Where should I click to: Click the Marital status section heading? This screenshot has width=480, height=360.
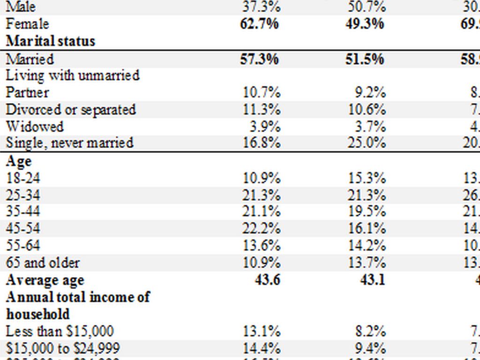tap(50, 41)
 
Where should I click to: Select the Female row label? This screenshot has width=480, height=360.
tap(27, 24)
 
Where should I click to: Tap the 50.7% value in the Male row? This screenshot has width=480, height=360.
tap(366, 7)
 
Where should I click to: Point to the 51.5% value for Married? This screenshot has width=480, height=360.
tap(366, 59)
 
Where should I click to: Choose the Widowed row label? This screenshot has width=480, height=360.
tap(35, 127)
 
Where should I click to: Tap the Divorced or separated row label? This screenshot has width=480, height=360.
tap(71, 110)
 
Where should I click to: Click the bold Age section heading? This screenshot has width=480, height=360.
tap(19, 161)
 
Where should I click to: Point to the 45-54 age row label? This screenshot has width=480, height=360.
tap(23, 228)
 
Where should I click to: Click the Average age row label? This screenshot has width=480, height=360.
tap(45, 280)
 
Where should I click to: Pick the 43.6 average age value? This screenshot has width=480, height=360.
tap(265, 280)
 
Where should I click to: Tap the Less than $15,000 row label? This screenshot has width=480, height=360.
tap(60, 331)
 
